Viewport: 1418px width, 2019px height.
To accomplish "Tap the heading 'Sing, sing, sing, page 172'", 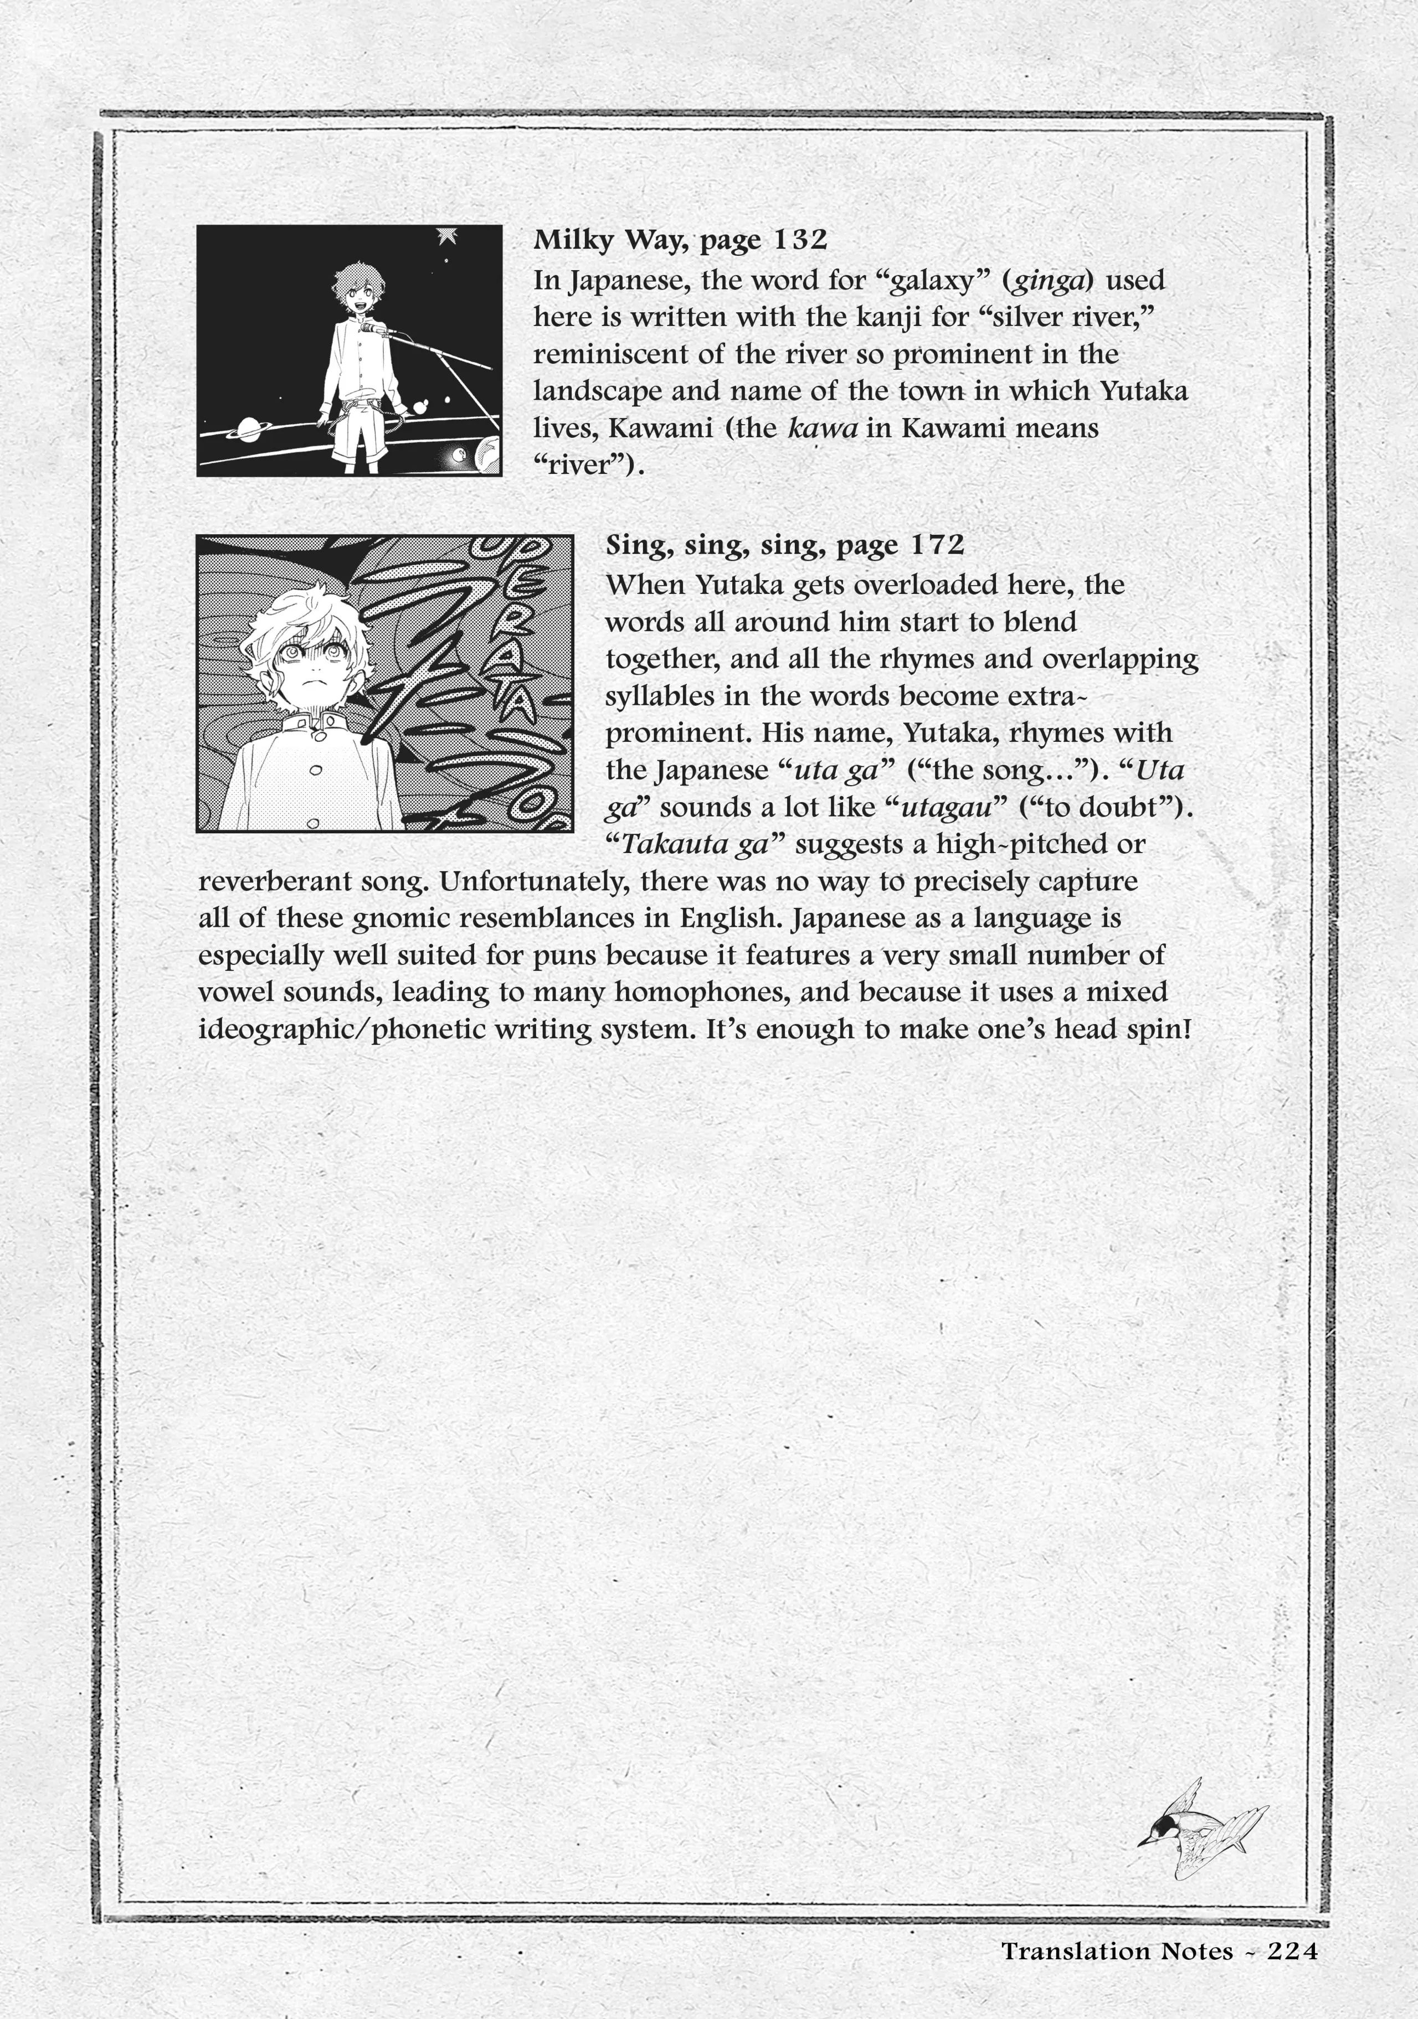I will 785,545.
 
